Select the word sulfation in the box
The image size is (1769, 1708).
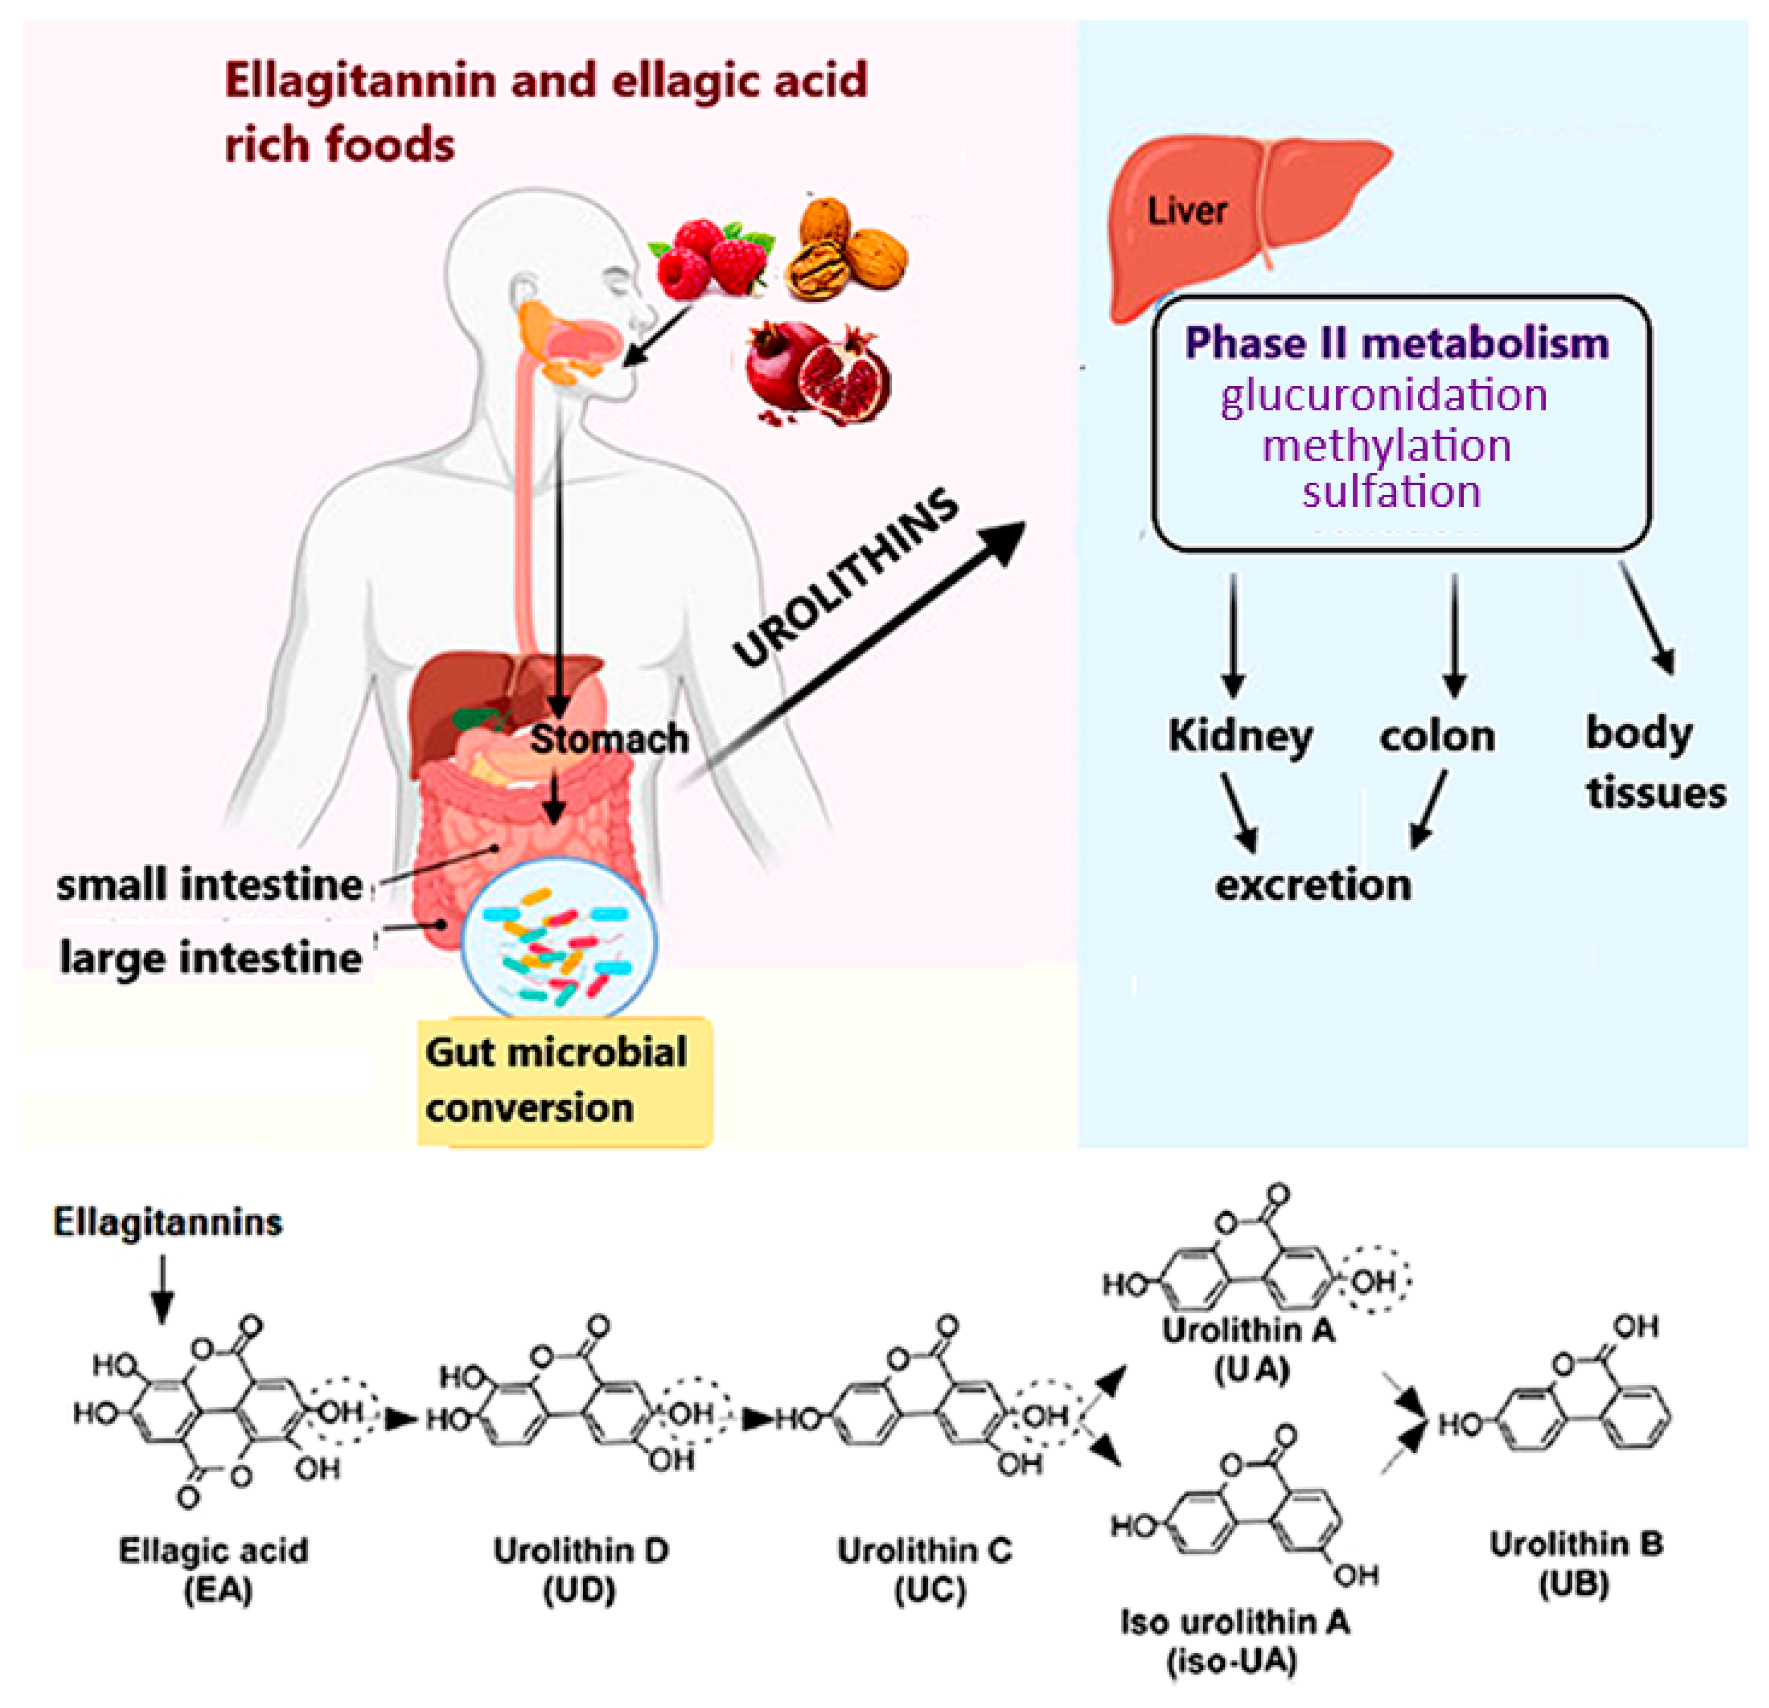(x=1391, y=492)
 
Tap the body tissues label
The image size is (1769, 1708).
(x=1655, y=763)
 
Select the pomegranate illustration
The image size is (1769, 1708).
(x=817, y=374)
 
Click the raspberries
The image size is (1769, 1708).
(x=711, y=257)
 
